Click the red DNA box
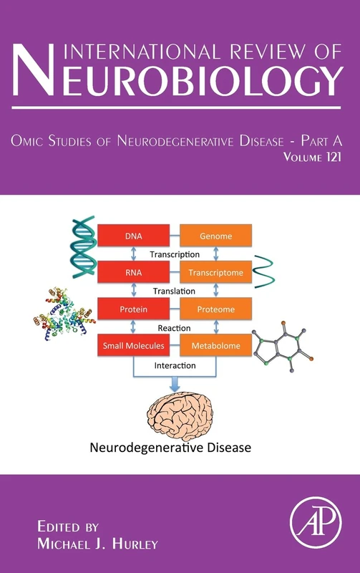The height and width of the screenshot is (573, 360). point(133,235)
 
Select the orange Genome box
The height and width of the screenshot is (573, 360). point(215,235)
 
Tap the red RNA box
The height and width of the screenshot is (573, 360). point(133,272)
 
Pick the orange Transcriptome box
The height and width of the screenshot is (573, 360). point(215,272)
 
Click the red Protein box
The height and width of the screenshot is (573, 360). point(133,309)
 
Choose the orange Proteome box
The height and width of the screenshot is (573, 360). point(215,309)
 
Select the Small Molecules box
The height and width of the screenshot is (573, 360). point(133,346)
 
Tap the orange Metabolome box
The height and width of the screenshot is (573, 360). point(215,346)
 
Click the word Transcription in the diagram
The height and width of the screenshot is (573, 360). point(175,254)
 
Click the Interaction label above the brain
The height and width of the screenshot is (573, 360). point(175,365)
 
